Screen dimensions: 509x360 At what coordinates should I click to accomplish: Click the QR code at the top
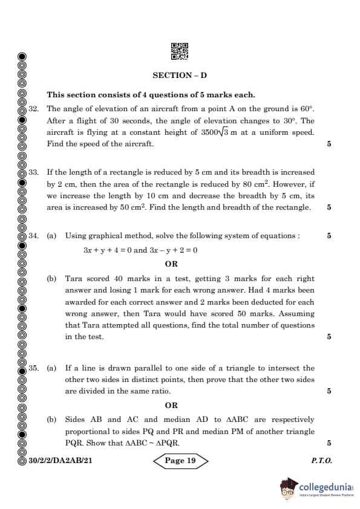[x=180, y=51]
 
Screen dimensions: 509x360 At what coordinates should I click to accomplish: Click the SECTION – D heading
[x=180, y=76]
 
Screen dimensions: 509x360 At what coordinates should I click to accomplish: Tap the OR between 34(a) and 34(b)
[x=172, y=264]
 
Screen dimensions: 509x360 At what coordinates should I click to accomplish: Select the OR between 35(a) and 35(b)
[x=172, y=405]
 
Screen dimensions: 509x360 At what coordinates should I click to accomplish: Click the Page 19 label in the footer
[x=180, y=461]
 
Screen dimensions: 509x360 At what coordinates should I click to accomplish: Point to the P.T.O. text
[x=321, y=461]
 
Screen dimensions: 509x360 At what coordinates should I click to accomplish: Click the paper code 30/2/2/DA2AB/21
[x=60, y=461]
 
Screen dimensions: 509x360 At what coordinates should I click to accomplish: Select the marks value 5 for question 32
[x=329, y=144]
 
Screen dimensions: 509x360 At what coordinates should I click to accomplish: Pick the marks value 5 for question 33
[x=329, y=207]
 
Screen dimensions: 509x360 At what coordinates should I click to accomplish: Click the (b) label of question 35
[x=52, y=420]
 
